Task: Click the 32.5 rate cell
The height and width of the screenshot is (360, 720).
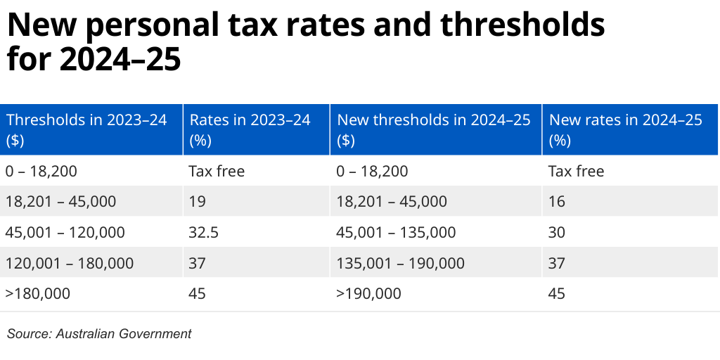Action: coord(202,232)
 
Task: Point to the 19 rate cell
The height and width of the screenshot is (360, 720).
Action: coord(197,202)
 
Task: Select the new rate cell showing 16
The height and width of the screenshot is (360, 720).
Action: coord(557,202)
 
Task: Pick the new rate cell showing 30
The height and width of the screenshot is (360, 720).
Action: coord(558,232)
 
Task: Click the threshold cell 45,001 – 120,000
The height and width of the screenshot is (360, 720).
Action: coord(65,232)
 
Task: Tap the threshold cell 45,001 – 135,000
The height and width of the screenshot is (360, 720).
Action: coord(397,232)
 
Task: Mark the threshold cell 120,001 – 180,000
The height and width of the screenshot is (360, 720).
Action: coord(69,263)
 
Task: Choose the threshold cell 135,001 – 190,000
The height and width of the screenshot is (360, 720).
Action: coord(401,263)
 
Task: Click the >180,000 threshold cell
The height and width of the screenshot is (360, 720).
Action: coord(38,293)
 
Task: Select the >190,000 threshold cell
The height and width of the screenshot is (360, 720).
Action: coord(369,293)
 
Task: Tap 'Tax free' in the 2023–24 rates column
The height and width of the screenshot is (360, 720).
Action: coord(217,171)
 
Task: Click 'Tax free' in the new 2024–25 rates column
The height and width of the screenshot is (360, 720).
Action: coord(577,171)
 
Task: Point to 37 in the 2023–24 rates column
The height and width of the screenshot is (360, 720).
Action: coord(198,263)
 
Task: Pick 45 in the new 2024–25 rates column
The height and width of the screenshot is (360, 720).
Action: coord(558,293)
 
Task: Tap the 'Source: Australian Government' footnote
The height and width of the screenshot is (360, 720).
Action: coord(99,334)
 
